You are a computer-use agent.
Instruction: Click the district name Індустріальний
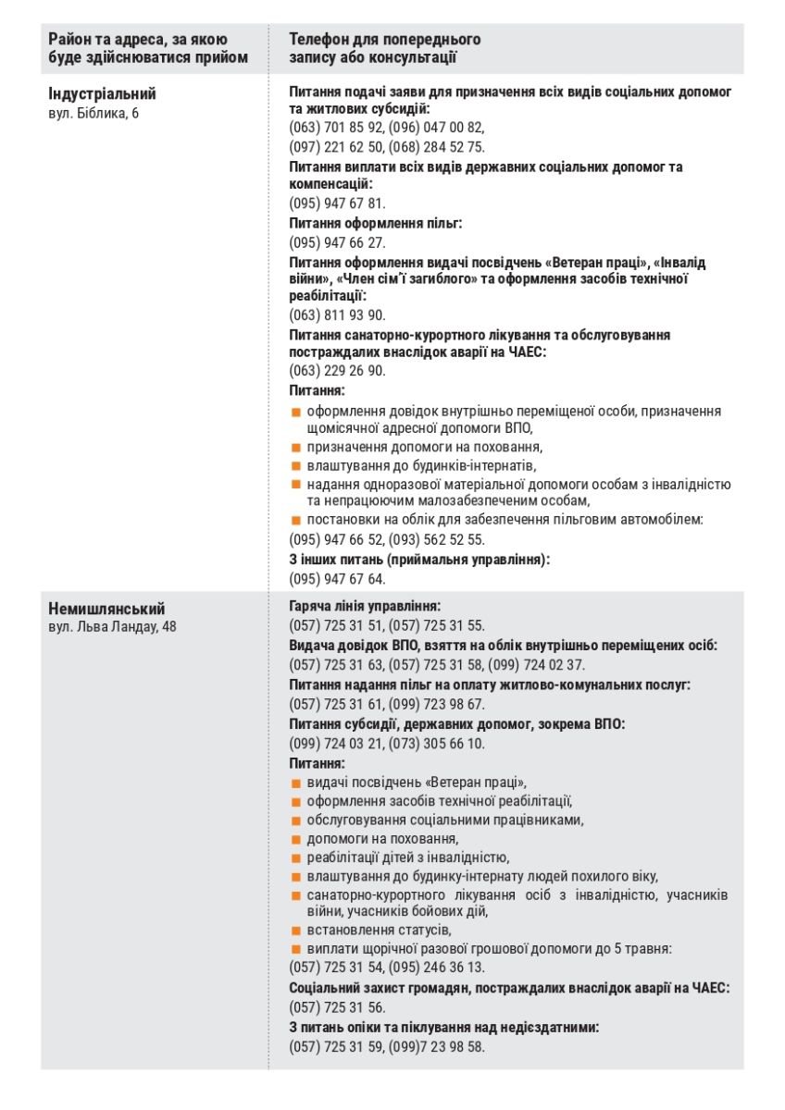tap(102, 94)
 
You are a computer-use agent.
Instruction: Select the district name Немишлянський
tap(106, 609)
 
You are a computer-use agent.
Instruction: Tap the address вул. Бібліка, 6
tap(93, 113)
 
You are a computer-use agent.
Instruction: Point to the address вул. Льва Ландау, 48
tap(112, 627)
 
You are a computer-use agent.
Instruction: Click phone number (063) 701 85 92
tap(336, 128)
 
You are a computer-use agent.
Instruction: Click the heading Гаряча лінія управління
tap(365, 606)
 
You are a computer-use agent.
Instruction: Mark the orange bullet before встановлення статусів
tap(297, 930)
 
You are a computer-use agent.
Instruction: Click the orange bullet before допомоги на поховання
tap(297, 839)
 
